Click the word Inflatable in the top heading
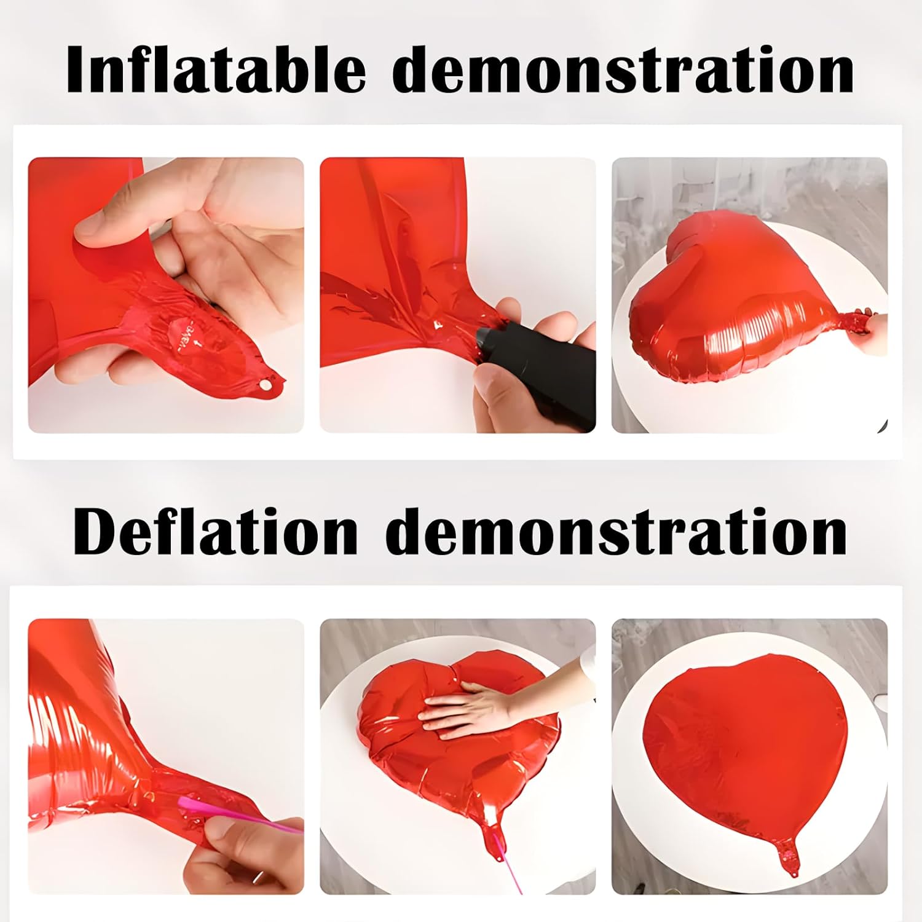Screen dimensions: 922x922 tap(216, 71)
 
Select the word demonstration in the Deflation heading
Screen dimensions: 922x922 tap(617, 532)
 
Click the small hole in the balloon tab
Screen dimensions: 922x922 tap(266, 385)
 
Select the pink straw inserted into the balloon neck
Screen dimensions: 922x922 tap(240, 811)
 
